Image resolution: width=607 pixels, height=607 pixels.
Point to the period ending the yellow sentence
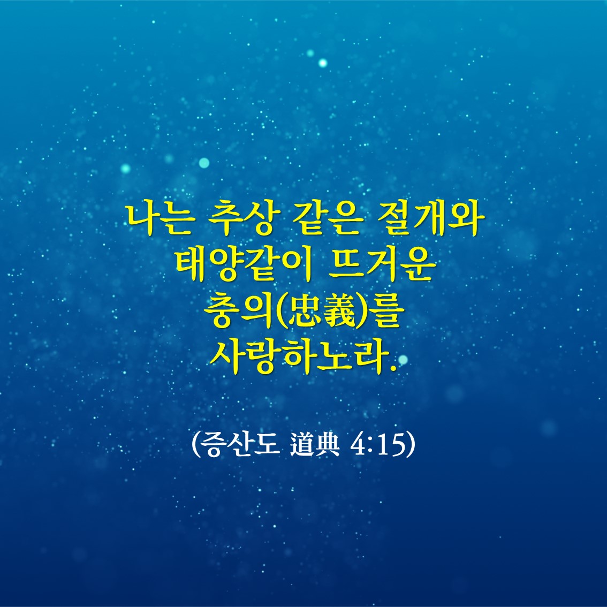pyautogui.click(x=394, y=368)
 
